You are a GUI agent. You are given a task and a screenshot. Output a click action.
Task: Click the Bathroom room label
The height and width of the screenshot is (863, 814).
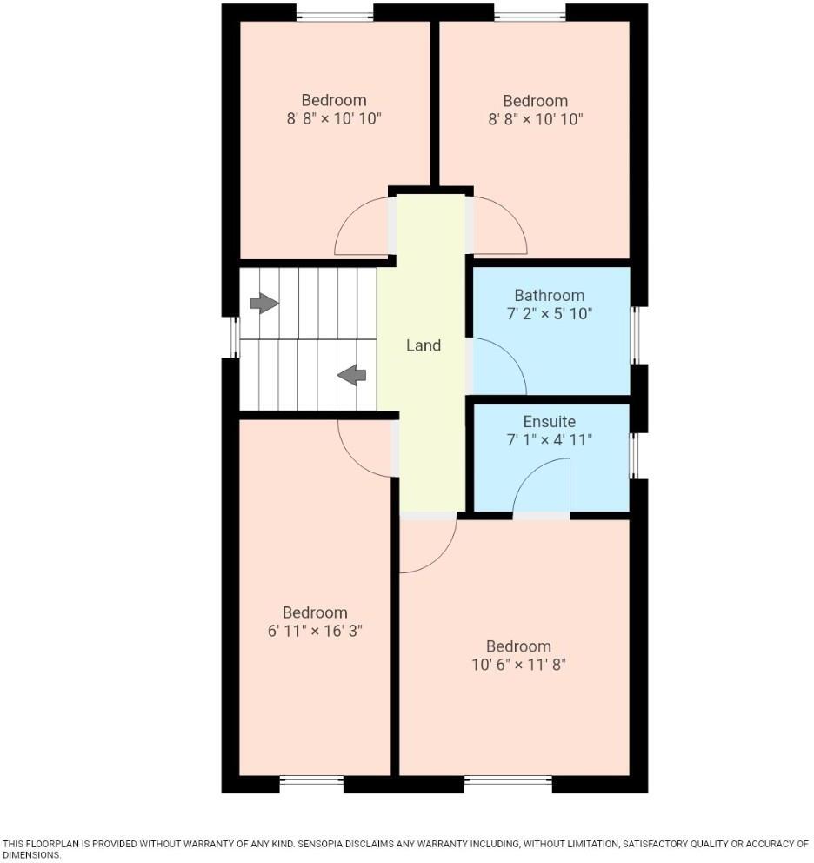(x=549, y=296)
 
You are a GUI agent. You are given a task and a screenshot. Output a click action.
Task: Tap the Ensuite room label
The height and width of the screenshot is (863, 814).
(x=549, y=422)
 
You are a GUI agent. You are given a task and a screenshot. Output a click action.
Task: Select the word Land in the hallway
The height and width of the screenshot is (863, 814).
(x=424, y=345)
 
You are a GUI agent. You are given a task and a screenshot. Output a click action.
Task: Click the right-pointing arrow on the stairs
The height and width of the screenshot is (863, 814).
(x=264, y=303)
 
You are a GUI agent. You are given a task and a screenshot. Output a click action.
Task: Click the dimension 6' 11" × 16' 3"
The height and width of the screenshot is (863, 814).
(x=315, y=631)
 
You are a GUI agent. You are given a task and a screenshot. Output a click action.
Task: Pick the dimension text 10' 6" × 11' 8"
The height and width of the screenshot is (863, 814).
(x=518, y=665)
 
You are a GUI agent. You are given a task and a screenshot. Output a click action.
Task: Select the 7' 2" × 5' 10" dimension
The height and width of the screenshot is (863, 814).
(x=549, y=314)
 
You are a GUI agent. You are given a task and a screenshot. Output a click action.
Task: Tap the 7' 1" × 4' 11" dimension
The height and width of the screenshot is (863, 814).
(x=549, y=440)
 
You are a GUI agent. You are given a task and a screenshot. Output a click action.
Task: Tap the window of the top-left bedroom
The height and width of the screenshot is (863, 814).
(x=335, y=13)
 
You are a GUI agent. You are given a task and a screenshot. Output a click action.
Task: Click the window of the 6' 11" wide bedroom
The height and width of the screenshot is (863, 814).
(x=311, y=781)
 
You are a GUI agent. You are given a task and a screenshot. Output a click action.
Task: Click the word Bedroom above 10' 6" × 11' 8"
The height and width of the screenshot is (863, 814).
(x=518, y=646)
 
